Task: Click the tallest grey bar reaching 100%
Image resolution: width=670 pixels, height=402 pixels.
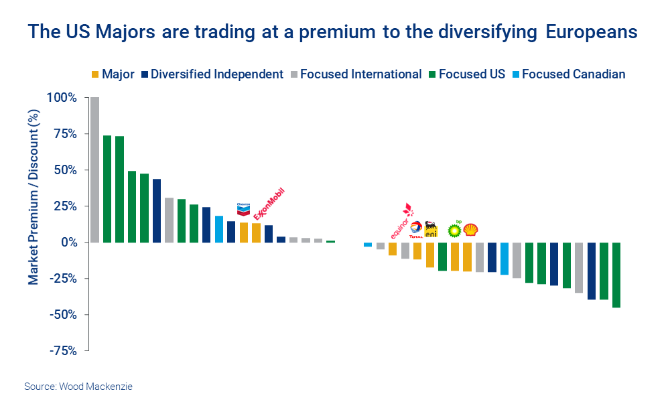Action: pos(94,170)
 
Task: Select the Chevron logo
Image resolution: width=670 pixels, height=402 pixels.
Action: pos(243,209)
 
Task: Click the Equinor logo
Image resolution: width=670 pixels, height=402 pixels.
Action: pos(401,222)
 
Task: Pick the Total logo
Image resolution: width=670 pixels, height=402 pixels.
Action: pos(416,230)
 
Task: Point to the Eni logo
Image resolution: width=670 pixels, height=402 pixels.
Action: pos(431,229)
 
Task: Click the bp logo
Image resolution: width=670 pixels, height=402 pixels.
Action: pos(455,228)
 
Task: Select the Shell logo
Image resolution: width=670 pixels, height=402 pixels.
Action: pos(470,229)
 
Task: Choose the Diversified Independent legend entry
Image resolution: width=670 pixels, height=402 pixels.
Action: pos(211,74)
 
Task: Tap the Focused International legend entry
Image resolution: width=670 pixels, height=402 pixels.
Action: pos(355,74)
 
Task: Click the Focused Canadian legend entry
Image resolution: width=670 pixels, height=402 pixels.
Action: pos(567,74)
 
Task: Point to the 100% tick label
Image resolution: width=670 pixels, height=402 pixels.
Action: pos(62,98)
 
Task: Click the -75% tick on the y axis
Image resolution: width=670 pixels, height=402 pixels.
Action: pos(62,350)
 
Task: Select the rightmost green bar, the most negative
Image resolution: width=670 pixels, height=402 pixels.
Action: pos(616,275)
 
